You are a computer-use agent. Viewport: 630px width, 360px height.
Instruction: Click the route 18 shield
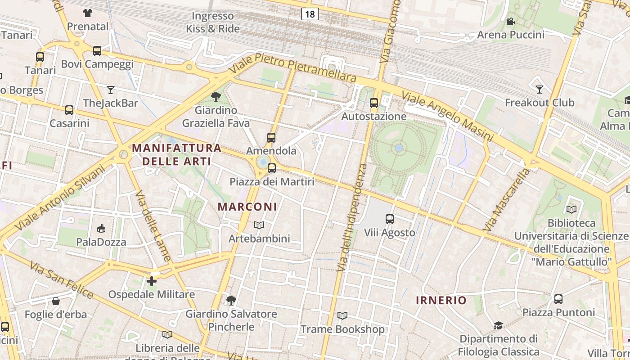tap(310, 14)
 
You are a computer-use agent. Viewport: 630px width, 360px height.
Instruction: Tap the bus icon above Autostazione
tap(373, 103)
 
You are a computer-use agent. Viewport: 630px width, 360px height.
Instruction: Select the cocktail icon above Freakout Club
tap(540, 89)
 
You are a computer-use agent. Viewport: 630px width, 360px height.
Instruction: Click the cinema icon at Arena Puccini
tap(510, 21)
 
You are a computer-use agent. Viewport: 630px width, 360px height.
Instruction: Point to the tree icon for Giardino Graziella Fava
tap(216, 96)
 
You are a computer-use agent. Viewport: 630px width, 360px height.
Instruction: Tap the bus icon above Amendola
tap(271, 138)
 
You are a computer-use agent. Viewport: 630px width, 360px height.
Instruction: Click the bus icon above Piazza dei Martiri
tap(271, 168)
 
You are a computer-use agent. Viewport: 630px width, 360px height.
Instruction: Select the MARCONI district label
tap(247, 207)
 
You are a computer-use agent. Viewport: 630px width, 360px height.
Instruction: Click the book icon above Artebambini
tap(259, 225)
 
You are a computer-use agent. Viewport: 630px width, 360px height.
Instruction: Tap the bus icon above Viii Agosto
tap(389, 219)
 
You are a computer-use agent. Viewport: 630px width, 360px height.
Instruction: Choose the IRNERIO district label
tap(441, 300)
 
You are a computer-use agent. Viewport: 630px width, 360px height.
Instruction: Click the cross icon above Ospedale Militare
tap(152, 281)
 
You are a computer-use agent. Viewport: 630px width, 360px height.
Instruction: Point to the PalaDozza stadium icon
tap(101, 229)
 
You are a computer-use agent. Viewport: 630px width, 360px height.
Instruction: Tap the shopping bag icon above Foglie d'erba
tap(56, 301)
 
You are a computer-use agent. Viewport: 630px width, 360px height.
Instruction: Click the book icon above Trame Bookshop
tap(342, 316)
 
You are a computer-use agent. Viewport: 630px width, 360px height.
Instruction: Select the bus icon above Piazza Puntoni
tap(558, 299)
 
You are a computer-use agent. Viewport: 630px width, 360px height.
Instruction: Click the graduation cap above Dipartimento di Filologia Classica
tap(498, 325)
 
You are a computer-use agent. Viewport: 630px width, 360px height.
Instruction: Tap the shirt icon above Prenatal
tap(88, 13)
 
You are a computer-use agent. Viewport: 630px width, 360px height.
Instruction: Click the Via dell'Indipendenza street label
tap(352, 217)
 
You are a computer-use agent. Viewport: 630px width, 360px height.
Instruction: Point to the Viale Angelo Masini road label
tap(448, 117)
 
